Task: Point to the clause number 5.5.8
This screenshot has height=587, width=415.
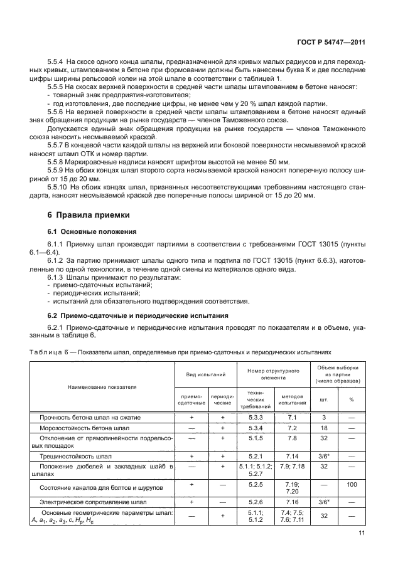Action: (58, 161)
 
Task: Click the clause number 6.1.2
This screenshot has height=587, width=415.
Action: (58, 260)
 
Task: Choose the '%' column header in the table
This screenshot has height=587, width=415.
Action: (351, 399)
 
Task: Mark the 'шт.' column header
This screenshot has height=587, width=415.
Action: (324, 399)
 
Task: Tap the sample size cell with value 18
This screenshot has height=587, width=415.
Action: (324, 427)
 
